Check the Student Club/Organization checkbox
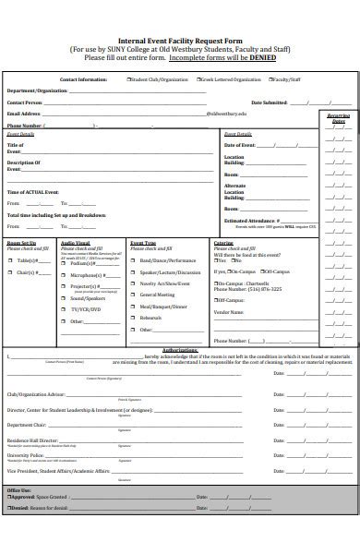(129, 80)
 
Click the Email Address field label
(25, 113)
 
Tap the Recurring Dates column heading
(338, 118)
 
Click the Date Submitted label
(270, 102)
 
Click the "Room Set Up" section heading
(22, 243)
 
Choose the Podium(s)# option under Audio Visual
(83, 261)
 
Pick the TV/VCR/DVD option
(86, 309)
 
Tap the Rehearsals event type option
(150, 318)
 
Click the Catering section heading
(223, 243)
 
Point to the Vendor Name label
(229, 312)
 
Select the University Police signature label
(25, 455)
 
